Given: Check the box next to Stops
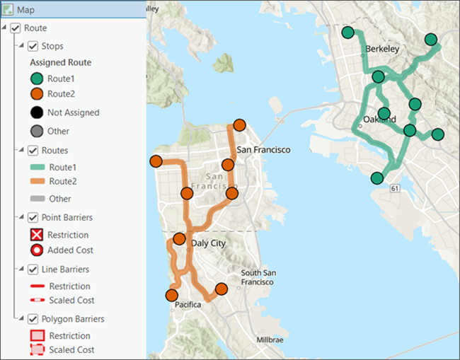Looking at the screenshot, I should (33, 47).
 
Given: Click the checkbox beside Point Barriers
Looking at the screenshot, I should (33, 217).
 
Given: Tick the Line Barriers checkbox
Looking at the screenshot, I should (33, 269).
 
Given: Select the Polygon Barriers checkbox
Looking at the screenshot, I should (33, 319).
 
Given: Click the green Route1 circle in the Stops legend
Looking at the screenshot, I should (37, 79).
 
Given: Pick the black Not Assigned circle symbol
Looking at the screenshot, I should (37, 112).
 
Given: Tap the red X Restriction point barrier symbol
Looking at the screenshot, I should (37, 235).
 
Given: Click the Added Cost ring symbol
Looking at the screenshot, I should (37, 250).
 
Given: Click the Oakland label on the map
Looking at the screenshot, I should (379, 119).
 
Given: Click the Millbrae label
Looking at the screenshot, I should (270, 339).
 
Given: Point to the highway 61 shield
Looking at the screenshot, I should (394, 188).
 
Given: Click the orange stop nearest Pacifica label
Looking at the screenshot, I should (171, 295).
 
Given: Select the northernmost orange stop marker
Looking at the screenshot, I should (239, 125).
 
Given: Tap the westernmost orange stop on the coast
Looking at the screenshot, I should (156, 161).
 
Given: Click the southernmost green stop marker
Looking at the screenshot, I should (377, 178).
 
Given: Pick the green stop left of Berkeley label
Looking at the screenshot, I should (348, 33).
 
